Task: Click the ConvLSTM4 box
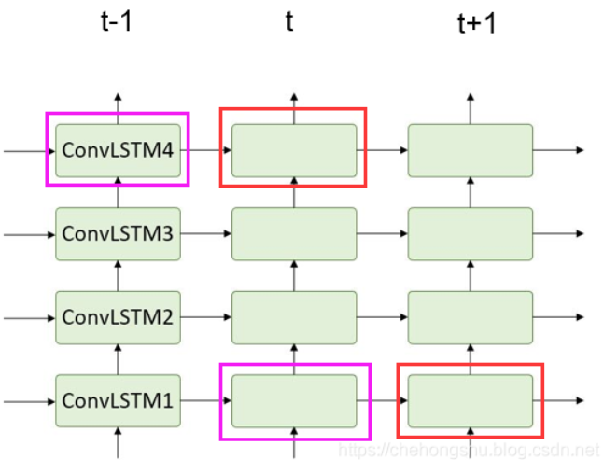coord(118,150)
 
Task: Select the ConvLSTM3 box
coord(118,233)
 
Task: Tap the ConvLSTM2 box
coord(118,317)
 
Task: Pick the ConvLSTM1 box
coord(118,401)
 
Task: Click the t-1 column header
coord(117,21)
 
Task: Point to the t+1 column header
coord(476,23)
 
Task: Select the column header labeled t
coord(290,21)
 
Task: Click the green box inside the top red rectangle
coord(294,150)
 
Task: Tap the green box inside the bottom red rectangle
coord(470,401)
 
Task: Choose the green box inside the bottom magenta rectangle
coord(294,401)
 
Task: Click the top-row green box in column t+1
coord(470,150)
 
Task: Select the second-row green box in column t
coord(294,233)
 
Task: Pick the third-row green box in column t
coord(294,317)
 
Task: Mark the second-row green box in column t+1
coord(470,233)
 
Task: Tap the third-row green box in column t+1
coord(470,317)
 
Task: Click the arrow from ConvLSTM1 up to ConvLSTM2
coord(118,359)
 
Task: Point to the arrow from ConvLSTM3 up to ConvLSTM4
coord(118,192)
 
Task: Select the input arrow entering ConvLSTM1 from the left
coord(28,401)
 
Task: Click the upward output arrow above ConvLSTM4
coord(118,107)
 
